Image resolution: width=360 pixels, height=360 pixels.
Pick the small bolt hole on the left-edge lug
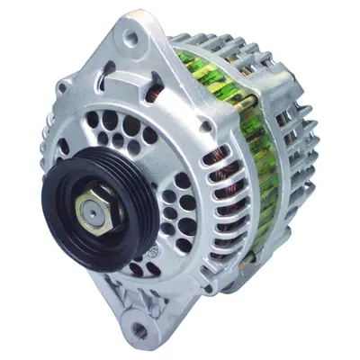[x=62, y=88]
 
